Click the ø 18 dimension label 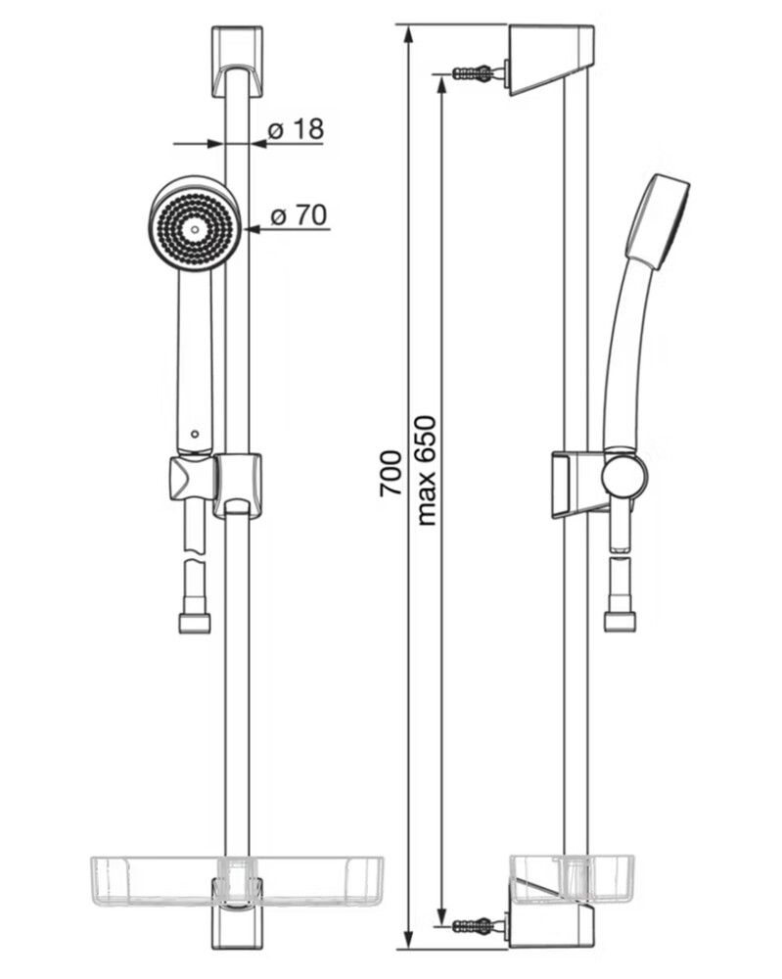pos(296,129)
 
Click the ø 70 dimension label pos(299,214)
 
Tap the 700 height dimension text pos(391,473)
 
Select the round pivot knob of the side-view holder pos(624,476)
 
